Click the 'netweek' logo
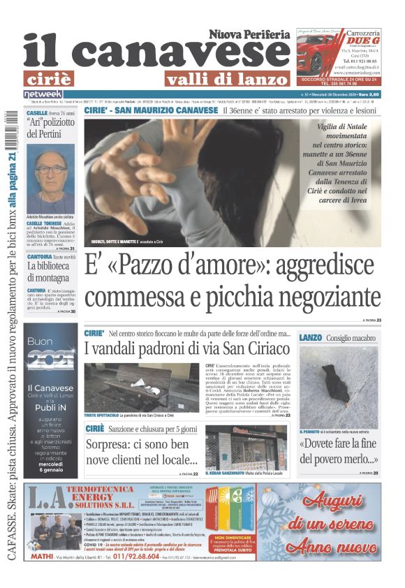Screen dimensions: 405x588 (43, 94)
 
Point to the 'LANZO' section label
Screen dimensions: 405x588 (310, 338)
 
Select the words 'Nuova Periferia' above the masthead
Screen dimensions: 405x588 (249, 34)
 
